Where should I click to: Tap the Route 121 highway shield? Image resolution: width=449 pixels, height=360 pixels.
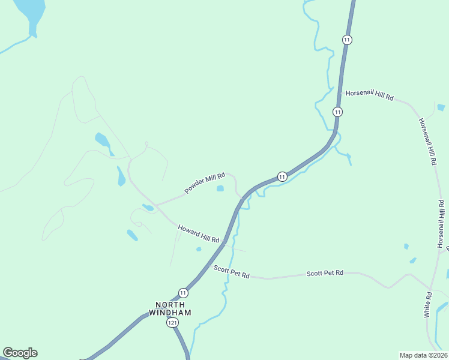(173, 323)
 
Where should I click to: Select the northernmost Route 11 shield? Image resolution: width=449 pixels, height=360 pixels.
(347, 40)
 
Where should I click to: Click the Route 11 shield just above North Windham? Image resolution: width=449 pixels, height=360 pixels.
(183, 293)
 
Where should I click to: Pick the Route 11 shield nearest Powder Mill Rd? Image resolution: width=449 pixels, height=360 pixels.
(282, 176)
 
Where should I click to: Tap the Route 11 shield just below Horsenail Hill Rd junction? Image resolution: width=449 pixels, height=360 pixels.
(338, 112)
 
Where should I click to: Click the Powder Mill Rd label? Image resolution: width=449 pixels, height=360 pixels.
(205, 182)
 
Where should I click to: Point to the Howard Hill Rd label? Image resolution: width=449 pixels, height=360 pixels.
(198, 233)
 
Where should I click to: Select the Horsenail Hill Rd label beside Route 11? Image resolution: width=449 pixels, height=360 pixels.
(369, 95)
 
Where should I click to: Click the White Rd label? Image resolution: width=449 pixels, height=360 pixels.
(428, 304)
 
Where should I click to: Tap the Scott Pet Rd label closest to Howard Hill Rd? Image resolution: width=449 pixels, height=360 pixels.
(231, 272)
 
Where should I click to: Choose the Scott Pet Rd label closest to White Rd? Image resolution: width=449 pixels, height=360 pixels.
(325, 273)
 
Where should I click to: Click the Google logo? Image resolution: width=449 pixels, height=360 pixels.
(20, 353)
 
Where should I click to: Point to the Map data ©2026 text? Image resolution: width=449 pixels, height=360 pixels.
(423, 355)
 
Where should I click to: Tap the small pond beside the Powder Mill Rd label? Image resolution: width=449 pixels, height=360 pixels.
(220, 188)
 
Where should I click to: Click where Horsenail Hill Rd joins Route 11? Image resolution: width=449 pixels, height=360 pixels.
(343, 92)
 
